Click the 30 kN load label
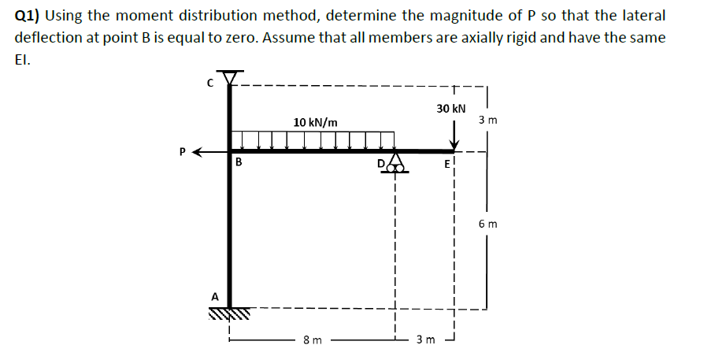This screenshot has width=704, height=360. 451,108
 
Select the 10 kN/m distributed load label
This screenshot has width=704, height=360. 315,122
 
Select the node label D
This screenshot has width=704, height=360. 382,163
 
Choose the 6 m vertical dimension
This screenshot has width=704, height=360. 487,225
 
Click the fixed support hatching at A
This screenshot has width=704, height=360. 229,314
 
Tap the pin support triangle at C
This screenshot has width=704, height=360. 230,76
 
